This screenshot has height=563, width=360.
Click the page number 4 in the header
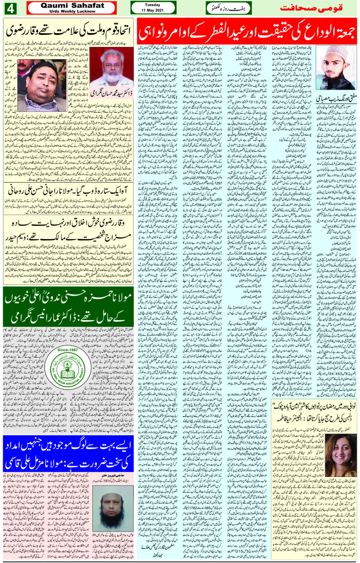tap(10, 8)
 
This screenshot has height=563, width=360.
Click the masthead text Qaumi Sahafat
tap(72, 5)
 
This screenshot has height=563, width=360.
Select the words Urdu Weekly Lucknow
tap(72, 11)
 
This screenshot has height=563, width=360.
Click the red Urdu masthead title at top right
tap(311, 8)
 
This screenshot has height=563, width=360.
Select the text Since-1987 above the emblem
tap(67, 350)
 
